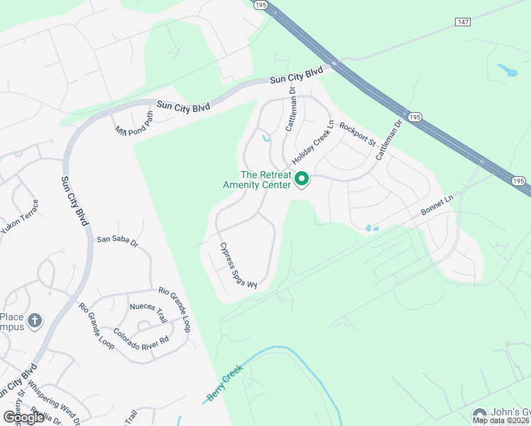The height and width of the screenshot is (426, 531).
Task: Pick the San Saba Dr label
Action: pos(117,241)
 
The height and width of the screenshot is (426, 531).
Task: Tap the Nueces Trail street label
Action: pos(147,307)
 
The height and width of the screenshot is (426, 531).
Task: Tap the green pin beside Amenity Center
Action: pos(302,180)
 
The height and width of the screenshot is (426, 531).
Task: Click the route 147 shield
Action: pos(464,23)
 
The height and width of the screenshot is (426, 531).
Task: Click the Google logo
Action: pos(24,417)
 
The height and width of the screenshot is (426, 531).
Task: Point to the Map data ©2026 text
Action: pos(500,420)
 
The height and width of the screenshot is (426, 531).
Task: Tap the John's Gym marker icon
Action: pos(481,413)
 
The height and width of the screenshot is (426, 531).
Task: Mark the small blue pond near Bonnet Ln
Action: pos(370,228)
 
